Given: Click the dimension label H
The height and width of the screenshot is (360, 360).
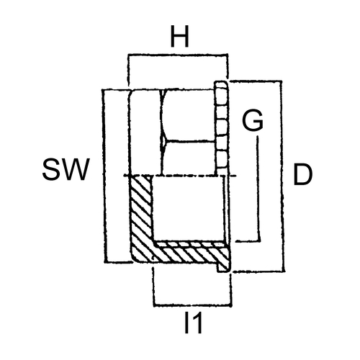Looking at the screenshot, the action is click(179, 37).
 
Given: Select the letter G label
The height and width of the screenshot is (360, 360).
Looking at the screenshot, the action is click(253, 121).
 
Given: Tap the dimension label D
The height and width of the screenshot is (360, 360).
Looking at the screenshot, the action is click(303, 174).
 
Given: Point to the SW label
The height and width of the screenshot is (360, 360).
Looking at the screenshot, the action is click(66, 169).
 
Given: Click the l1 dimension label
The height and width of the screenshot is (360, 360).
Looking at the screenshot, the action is click(193, 323).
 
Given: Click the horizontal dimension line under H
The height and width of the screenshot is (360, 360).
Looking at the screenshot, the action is click(178, 55).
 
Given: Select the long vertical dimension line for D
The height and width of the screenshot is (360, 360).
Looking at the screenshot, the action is click(282, 176).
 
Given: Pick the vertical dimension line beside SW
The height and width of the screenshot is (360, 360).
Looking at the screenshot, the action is click(104, 176).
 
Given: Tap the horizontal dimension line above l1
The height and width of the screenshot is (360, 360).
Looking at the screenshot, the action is click(192, 305).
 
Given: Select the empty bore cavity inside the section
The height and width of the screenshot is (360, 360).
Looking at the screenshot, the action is click(189, 208).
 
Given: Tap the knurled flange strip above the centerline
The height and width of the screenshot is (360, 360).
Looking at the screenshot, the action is click(221, 128).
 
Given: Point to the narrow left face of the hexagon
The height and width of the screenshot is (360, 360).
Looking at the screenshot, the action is click(145, 132).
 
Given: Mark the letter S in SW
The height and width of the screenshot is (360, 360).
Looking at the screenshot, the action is click(50, 169).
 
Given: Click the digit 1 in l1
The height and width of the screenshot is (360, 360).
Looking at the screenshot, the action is click(197, 323).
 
